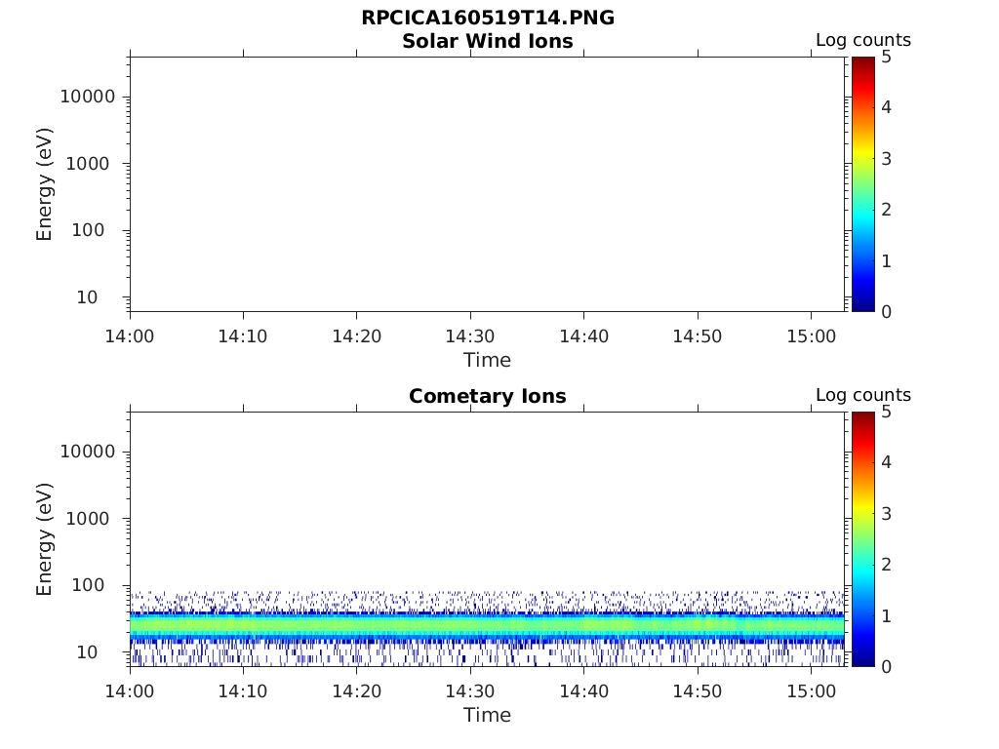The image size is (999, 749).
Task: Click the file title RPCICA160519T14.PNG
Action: click(488, 18)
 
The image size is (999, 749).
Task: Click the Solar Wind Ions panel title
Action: click(488, 41)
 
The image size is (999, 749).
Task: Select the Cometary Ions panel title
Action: click(488, 396)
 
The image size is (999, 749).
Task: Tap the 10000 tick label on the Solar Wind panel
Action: click(87, 98)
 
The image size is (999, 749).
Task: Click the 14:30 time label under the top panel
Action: click(470, 336)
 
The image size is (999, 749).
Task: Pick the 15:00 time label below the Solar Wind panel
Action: click(811, 336)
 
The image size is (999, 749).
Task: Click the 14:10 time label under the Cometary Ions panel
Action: click(243, 691)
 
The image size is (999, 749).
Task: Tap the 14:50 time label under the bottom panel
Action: click(697, 691)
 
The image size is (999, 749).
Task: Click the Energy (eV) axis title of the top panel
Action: click(45, 184)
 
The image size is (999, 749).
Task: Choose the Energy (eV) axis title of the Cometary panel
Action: click(45, 539)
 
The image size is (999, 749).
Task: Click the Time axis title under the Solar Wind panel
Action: click(487, 360)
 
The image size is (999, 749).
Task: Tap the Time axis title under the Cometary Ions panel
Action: click(487, 715)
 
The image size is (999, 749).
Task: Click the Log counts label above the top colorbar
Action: click(863, 41)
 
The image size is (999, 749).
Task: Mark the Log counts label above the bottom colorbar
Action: click(863, 396)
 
